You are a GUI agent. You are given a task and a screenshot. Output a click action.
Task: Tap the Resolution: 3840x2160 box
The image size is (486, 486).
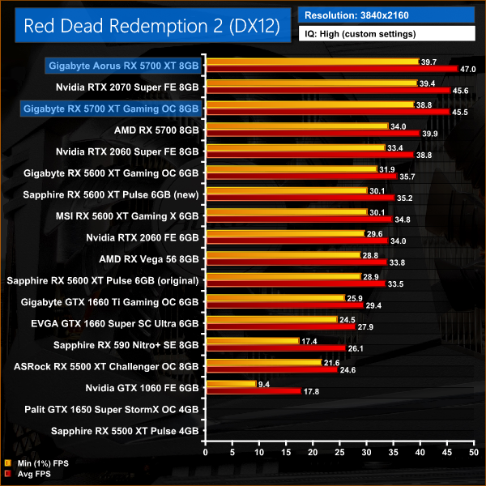386,15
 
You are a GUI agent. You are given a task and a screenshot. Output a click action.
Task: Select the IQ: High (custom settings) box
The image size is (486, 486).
386,34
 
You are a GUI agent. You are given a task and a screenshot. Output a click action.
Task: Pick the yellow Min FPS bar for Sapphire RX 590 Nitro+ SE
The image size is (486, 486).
252,341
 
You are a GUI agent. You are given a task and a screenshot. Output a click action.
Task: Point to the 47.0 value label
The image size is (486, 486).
469,70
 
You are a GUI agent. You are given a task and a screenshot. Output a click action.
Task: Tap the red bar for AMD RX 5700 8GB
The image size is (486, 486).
312,132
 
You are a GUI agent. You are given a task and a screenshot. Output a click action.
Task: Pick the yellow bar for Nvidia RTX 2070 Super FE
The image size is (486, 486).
311,83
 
